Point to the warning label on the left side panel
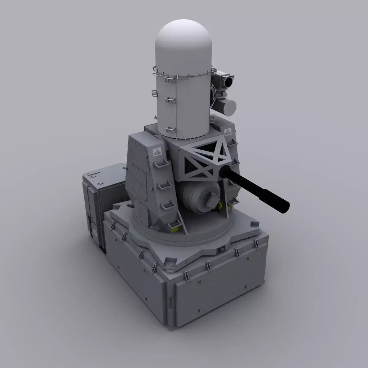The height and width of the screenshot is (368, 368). click(157, 151)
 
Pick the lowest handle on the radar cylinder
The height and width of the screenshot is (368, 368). click(169, 129)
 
